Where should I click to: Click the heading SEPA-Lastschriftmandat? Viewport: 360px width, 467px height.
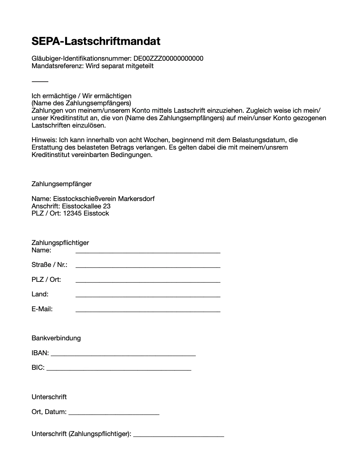point(96,41)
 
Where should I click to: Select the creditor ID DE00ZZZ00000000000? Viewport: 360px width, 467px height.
point(168,59)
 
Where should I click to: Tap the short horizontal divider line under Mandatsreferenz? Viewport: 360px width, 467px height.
point(40,81)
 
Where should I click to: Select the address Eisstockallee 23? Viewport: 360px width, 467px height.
point(86,206)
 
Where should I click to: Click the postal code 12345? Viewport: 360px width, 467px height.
point(72,213)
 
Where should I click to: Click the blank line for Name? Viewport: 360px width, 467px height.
point(148,252)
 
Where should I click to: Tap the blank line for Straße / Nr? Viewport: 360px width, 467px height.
point(148,267)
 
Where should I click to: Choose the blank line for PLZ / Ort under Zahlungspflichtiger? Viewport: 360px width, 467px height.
point(148,282)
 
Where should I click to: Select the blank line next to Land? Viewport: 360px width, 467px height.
point(148,296)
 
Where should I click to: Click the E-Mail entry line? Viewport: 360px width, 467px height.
point(148,311)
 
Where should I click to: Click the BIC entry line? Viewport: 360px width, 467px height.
point(119,370)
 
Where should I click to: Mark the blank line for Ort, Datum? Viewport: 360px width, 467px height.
point(114,414)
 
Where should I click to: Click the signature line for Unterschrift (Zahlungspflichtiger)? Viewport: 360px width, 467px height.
point(178,436)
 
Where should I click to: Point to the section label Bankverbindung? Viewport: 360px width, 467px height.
point(56,338)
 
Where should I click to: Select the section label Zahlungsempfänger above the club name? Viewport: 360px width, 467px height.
point(61,184)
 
